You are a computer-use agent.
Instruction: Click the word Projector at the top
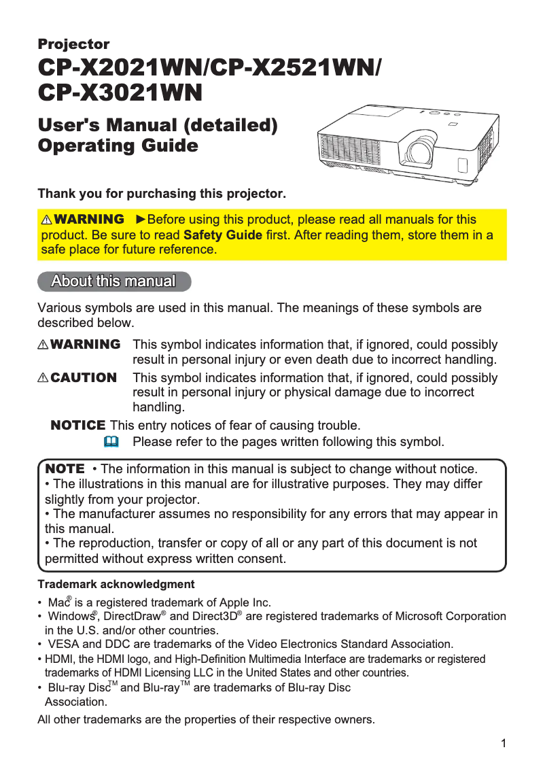click(x=73, y=45)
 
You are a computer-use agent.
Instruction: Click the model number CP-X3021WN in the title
click(x=120, y=92)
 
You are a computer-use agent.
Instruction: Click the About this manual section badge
click(x=113, y=281)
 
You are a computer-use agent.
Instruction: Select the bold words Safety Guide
click(x=223, y=235)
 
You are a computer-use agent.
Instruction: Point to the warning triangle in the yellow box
click(x=47, y=220)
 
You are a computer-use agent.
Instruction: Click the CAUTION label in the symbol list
click(x=84, y=377)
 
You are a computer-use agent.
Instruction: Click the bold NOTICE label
click(x=78, y=426)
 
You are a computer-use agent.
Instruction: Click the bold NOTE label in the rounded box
click(x=65, y=469)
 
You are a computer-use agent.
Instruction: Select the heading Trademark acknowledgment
click(x=116, y=584)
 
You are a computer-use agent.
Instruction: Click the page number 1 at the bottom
click(x=504, y=743)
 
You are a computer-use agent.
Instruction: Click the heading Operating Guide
click(x=118, y=145)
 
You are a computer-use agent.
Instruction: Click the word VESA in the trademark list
click(x=63, y=644)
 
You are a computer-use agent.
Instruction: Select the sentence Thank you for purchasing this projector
click(x=162, y=194)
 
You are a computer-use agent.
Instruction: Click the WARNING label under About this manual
click(x=85, y=345)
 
